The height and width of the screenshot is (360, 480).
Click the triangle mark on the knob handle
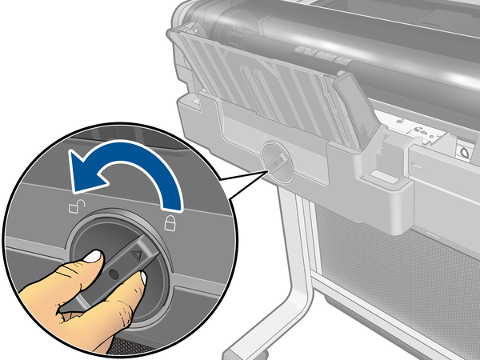click(x=137, y=255)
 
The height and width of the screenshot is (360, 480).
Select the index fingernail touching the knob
click(x=92, y=257)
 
